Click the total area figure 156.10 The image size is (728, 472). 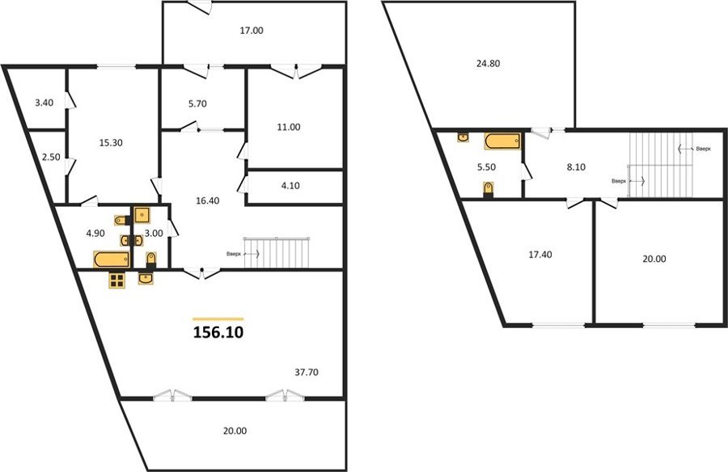point(218,332)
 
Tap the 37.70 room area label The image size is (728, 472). point(307,373)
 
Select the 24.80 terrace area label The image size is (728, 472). point(488,63)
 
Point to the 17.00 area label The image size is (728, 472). point(252,31)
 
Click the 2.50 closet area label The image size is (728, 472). point(51,158)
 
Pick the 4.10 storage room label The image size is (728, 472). point(290,186)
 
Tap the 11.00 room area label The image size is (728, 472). point(288,127)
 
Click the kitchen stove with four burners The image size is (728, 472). point(116,280)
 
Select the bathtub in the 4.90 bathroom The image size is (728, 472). point(112,259)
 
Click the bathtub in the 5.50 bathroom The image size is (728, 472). point(502,141)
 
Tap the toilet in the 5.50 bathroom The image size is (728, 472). point(488,190)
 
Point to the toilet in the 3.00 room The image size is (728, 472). point(151,261)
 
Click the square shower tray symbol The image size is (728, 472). point(142,215)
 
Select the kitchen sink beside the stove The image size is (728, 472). point(146,278)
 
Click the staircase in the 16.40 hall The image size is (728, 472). point(277,253)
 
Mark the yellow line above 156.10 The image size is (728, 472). point(218,319)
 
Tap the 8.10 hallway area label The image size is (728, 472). point(576,167)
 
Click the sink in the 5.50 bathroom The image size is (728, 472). point(463,137)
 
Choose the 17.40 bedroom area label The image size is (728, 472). point(540,255)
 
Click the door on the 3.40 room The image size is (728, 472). point(70,100)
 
